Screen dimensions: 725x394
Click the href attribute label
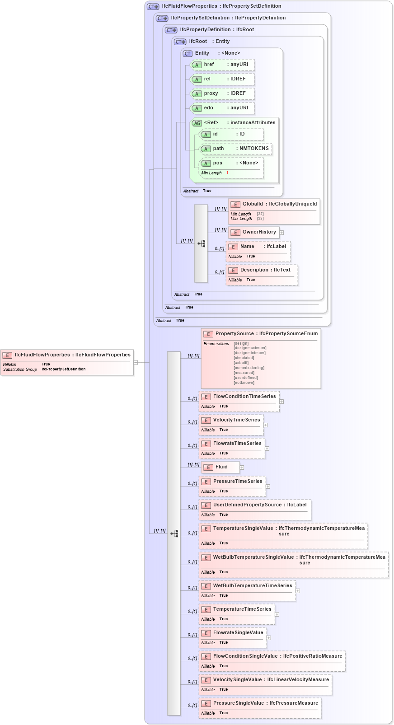tap(209, 65)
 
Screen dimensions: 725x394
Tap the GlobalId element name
tap(253, 204)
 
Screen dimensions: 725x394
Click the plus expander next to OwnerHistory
tap(281, 233)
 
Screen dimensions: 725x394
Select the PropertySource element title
tap(235, 334)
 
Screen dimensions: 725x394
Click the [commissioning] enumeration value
tap(249, 368)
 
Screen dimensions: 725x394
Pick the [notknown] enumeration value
tap(244, 383)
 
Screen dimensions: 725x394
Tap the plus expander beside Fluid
tap(242, 468)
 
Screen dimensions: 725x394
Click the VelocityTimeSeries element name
tap(236, 420)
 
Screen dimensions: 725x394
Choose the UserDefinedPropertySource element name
tap(247, 505)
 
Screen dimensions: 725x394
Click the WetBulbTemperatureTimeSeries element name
tap(253, 586)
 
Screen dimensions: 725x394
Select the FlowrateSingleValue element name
tap(238, 633)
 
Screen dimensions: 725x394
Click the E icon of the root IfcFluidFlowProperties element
tap(7, 355)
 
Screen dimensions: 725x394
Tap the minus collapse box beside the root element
tap(136, 362)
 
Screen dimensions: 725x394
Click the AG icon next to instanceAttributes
tap(197, 123)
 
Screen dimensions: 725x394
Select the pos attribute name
tap(218, 163)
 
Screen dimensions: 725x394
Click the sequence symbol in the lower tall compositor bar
tap(174, 533)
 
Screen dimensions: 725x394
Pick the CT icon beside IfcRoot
tap(180, 42)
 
